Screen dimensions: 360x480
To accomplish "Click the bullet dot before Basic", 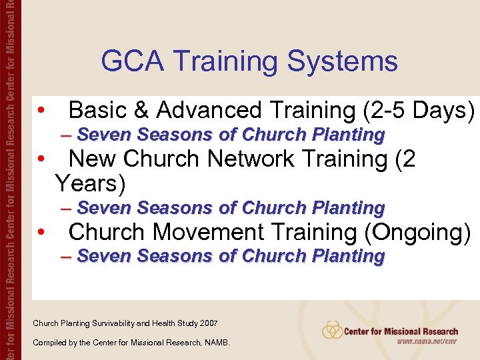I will (x=41, y=111).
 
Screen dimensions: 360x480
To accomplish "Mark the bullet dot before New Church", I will (x=41, y=160).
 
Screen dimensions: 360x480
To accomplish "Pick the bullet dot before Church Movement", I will (x=41, y=233).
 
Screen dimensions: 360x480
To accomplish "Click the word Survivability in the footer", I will (x=113, y=323).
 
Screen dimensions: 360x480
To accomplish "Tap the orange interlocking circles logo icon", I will (x=332, y=330).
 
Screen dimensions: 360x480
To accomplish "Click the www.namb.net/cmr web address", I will (x=427, y=341).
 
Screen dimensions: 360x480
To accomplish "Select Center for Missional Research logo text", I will (x=401, y=331).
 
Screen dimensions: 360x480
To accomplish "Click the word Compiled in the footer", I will (x=47, y=343).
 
